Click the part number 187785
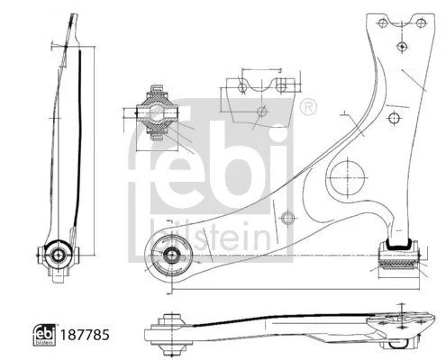85,335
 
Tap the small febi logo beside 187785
44,335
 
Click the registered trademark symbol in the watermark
308,107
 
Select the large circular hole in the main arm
347,177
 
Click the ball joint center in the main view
171,255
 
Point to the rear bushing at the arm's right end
399,256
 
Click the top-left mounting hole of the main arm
382,22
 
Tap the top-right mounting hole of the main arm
421,22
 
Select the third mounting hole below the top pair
402,46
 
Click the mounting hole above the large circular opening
394,118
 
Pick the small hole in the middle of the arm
287,218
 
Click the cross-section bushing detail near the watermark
157,112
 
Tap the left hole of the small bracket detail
242,87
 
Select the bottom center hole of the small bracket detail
262,112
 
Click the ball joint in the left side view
58,255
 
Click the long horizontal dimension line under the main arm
296,290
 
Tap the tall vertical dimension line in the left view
94,151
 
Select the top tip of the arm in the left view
74,15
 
